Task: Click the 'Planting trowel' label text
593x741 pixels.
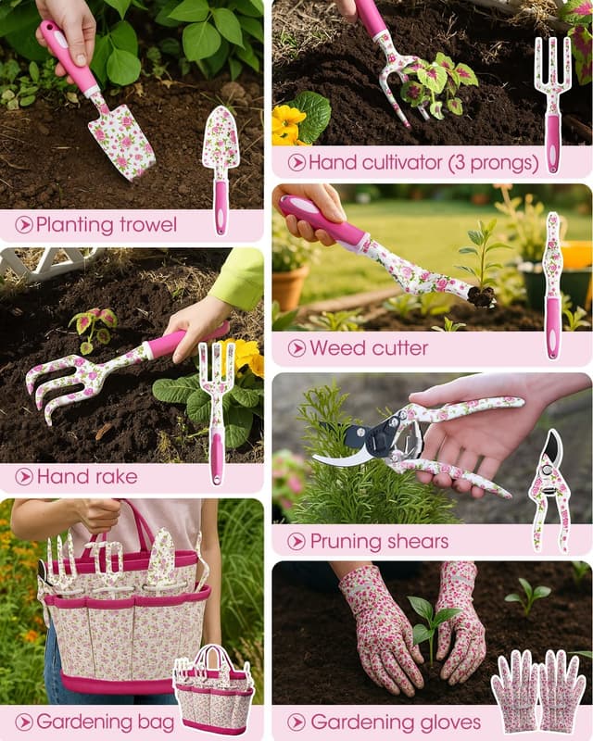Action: [x=106, y=224]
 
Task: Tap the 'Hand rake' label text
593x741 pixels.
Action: [x=86, y=476]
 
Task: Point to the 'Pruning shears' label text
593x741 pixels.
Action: [x=379, y=541]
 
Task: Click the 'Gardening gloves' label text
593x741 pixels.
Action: [x=396, y=722]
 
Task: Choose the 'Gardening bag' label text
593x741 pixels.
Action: [x=96, y=722]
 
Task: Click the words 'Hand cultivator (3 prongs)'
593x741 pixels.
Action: [x=423, y=162]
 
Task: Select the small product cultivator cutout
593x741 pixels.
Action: [x=552, y=102]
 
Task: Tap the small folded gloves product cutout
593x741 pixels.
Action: [x=538, y=690]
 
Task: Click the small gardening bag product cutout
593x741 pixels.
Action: [x=213, y=689]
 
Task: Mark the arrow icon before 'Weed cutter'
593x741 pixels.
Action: [x=296, y=348]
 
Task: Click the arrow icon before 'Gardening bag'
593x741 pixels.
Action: [x=24, y=722]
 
